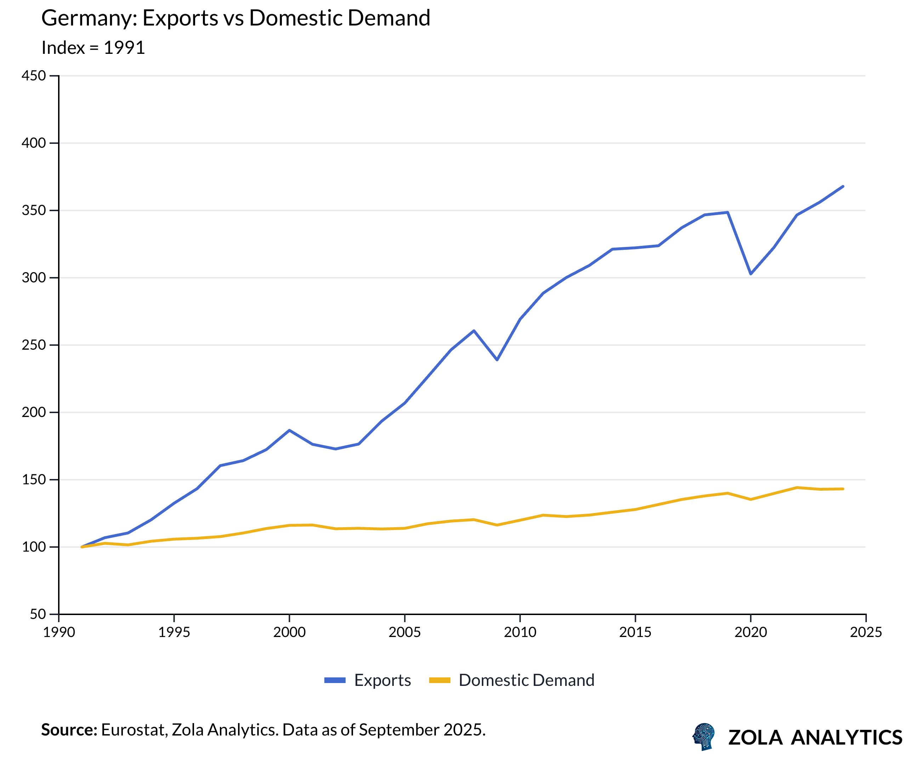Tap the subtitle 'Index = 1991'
click(x=93, y=47)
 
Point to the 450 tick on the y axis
click(x=34, y=76)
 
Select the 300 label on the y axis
click(x=34, y=278)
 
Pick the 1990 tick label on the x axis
click(x=59, y=632)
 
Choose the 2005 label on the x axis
click(x=404, y=632)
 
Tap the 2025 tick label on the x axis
click(x=866, y=632)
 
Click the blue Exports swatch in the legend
click(x=335, y=680)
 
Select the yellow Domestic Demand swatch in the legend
click(x=439, y=680)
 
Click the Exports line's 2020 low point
click(x=751, y=274)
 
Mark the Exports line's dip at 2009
click(x=497, y=360)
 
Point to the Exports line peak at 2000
click(x=289, y=430)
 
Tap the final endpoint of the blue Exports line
click(x=843, y=187)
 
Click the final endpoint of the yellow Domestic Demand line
click(x=843, y=489)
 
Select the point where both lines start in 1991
click(x=82, y=547)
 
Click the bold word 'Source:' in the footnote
click(x=69, y=730)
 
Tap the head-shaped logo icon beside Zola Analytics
click(x=704, y=737)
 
